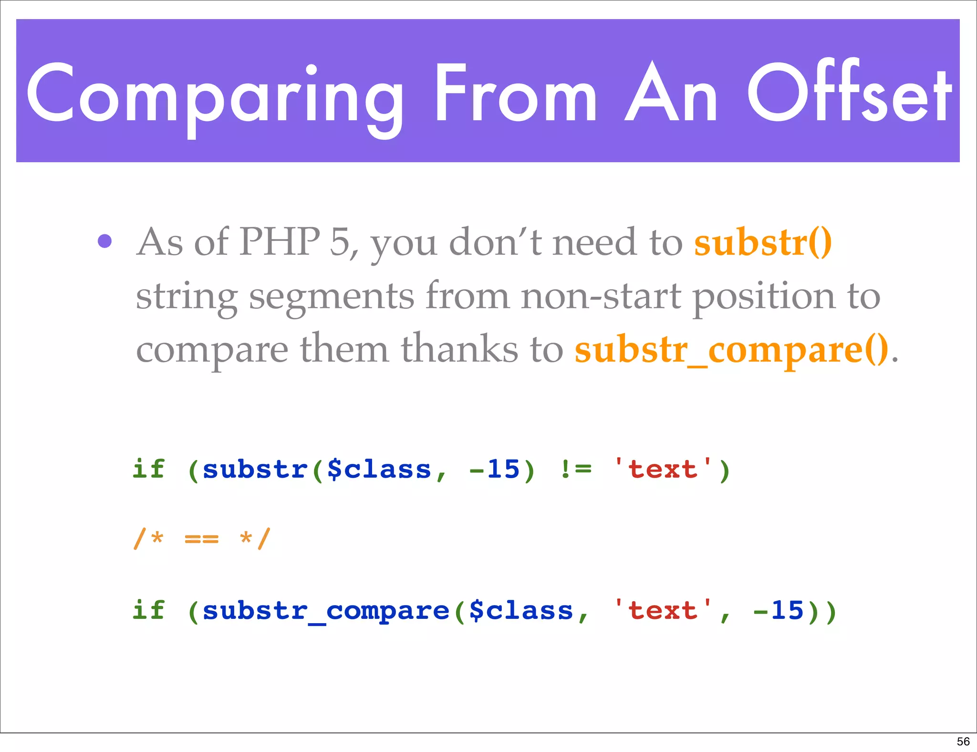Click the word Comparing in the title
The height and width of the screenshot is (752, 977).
215,95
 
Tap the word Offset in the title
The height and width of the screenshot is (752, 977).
849,93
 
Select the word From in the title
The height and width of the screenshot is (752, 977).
515,93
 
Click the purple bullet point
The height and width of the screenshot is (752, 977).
104,241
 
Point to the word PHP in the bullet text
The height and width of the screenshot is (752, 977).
280,242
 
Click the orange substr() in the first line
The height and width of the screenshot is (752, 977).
763,242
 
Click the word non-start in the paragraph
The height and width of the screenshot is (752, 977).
601,296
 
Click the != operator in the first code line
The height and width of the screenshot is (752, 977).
576,469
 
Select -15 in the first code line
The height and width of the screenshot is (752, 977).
494,469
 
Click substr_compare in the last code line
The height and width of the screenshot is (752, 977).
326,611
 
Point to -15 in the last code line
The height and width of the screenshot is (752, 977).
778,611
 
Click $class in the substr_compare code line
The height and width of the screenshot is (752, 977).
521,611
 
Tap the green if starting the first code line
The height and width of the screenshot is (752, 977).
149,469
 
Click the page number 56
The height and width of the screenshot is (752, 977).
963,742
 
